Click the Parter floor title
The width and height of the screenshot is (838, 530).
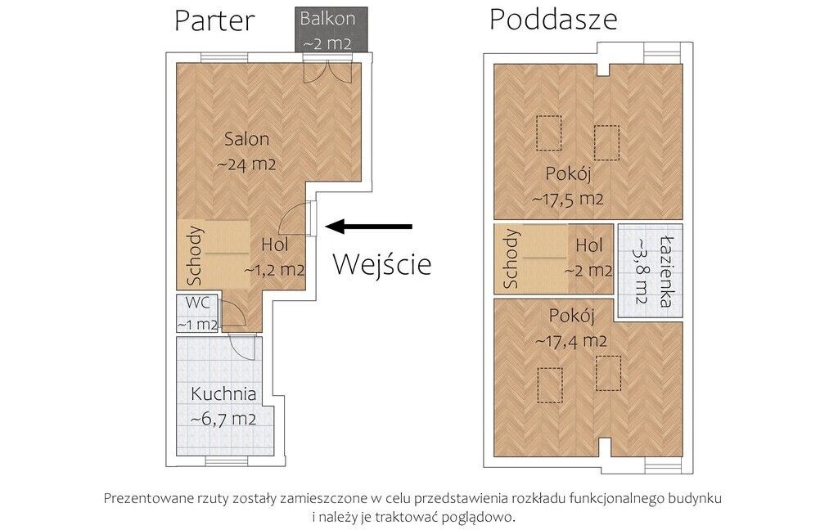(214, 21)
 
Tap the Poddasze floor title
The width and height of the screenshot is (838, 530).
(553, 20)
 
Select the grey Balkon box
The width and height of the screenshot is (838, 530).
(331, 29)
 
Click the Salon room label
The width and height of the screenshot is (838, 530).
(246, 139)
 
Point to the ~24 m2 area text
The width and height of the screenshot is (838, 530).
(246, 164)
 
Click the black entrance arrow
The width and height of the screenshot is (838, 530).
(369, 227)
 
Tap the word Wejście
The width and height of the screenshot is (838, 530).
(381, 264)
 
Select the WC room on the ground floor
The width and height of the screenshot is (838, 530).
(197, 313)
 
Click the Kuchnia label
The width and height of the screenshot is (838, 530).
(223, 394)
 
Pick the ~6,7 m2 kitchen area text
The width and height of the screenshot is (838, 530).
(223, 419)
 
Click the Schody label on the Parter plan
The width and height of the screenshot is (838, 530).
(195, 256)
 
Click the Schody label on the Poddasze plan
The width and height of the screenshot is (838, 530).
(511, 258)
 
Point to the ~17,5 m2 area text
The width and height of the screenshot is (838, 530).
(568, 200)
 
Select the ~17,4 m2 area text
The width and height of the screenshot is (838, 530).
(570, 341)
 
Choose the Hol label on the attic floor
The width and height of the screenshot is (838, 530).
(589, 245)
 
